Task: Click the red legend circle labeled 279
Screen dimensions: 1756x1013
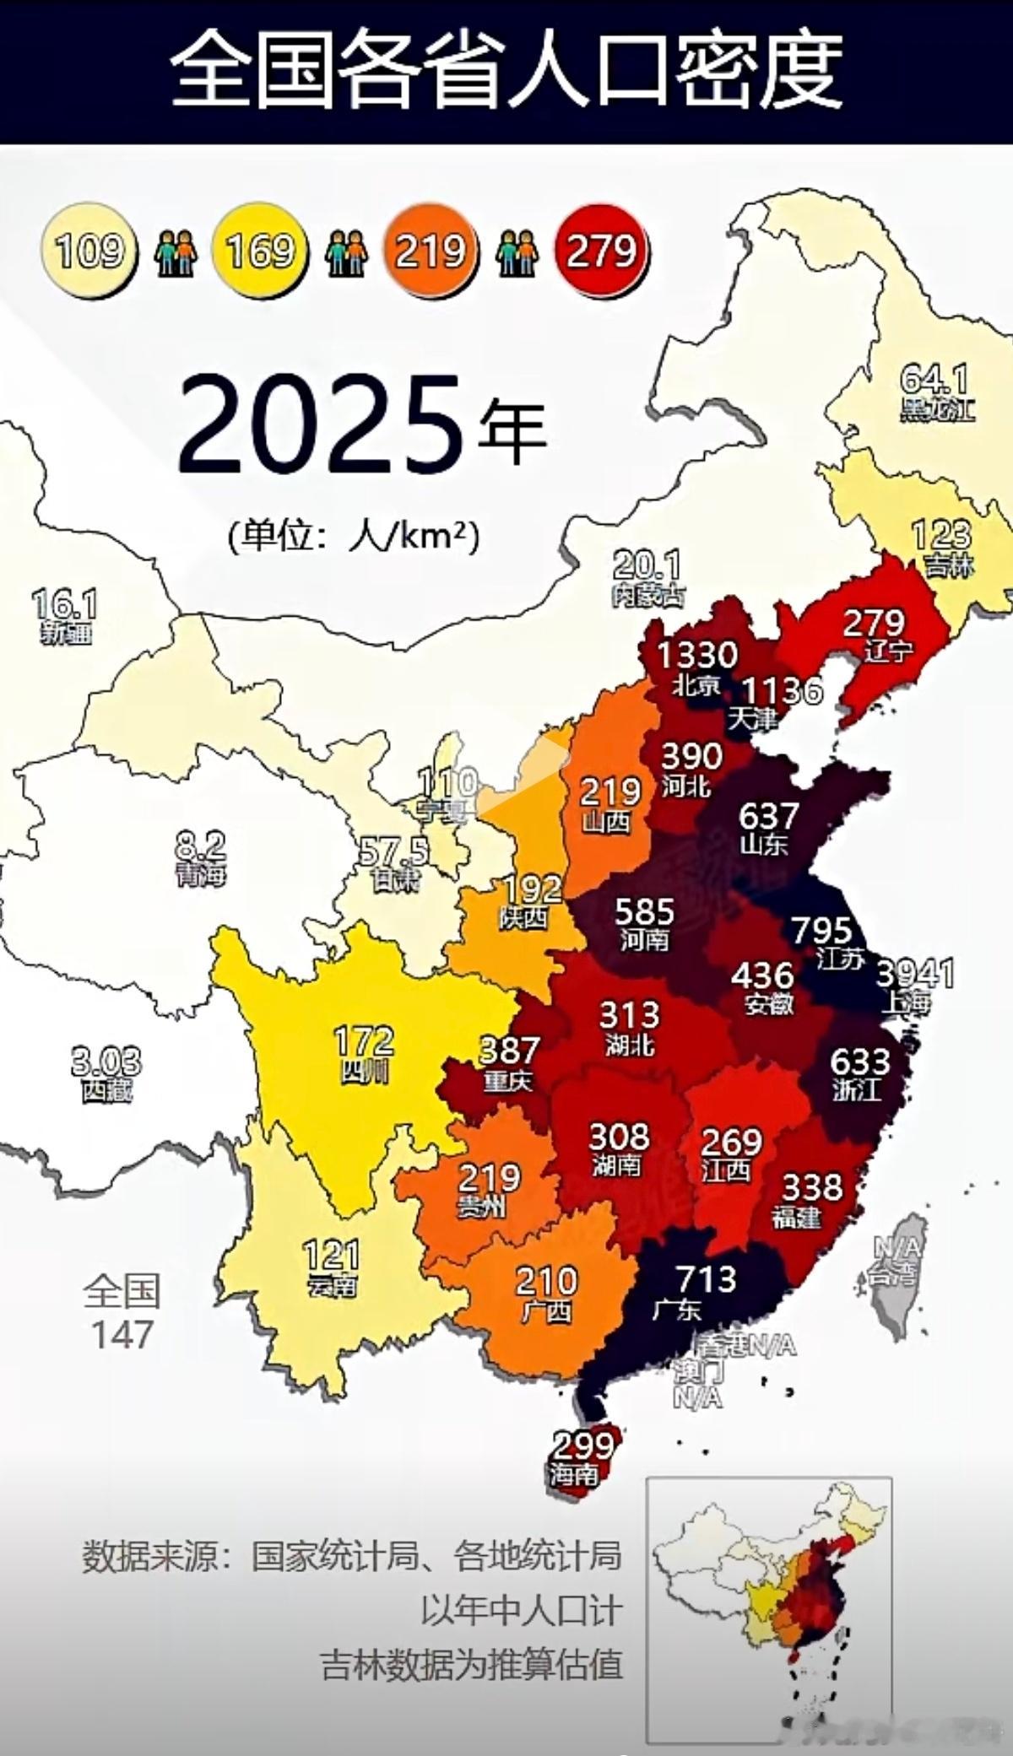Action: pos(602,251)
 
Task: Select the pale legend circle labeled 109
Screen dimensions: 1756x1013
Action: pos(89,251)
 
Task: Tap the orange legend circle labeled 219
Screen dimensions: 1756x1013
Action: pos(431,251)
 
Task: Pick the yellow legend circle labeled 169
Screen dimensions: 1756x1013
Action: pos(260,251)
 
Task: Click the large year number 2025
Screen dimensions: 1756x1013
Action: pos(322,423)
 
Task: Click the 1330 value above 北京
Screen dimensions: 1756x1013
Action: pos(697,653)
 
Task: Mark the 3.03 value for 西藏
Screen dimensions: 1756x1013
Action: pos(106,1062)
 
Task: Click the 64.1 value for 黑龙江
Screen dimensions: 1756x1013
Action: pos(934,378)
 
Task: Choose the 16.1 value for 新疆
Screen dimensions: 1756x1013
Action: pos(65,604)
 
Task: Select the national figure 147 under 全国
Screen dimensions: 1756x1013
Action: pos(122,1334)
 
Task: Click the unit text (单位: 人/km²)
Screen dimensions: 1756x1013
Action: pos(354,535)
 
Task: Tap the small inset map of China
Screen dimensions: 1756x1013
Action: pos(769,1607)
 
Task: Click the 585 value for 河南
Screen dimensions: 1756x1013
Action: pos(644,910)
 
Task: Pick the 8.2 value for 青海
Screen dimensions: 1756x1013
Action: pos(200,843)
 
